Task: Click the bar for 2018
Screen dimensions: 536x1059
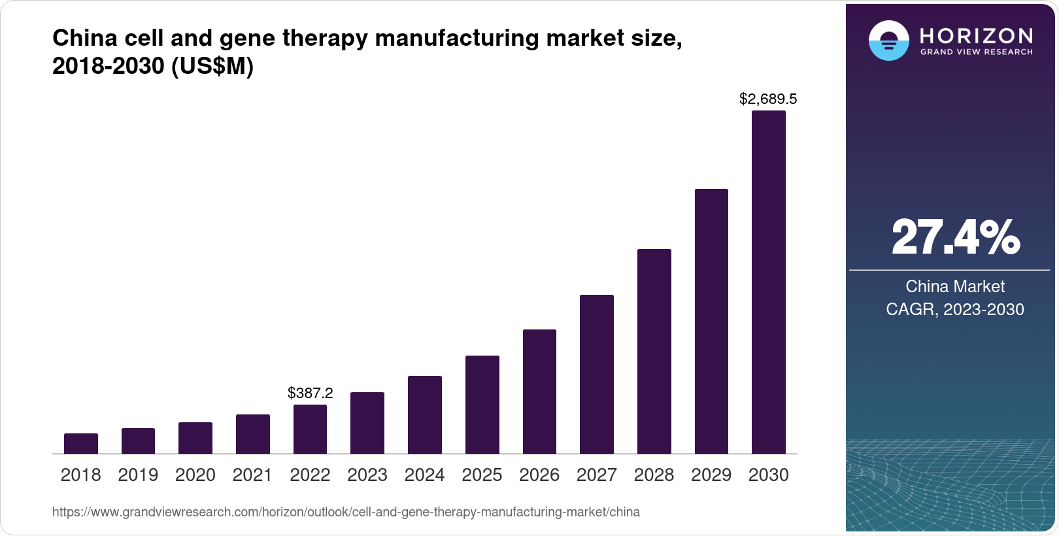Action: [81, 444]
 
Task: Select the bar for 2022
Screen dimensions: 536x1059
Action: [310, 429]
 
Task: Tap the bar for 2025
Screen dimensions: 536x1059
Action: [482, 405]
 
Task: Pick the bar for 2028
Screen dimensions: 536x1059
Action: [654, 352]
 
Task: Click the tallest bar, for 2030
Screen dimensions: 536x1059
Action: [768, 282]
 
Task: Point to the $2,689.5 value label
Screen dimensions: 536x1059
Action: [767, 99]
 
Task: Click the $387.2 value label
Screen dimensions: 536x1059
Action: [310, 394]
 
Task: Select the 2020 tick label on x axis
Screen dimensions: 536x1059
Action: [195, 475]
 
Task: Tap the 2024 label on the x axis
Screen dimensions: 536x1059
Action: [424, 475]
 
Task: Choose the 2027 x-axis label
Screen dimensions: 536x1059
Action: [596, 475]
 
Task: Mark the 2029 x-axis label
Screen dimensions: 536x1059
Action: [711, 475]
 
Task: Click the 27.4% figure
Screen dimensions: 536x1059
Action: [954, 238]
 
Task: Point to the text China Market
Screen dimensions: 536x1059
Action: [954, 286]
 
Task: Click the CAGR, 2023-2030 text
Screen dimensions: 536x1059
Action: [954, 309]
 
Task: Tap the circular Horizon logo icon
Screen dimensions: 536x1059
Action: [888, 41]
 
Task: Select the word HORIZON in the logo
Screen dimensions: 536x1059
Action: [976, 35]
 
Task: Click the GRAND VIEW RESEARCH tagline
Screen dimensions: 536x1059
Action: [976, 52]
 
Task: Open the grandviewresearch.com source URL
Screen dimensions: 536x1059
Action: [346, 512]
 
